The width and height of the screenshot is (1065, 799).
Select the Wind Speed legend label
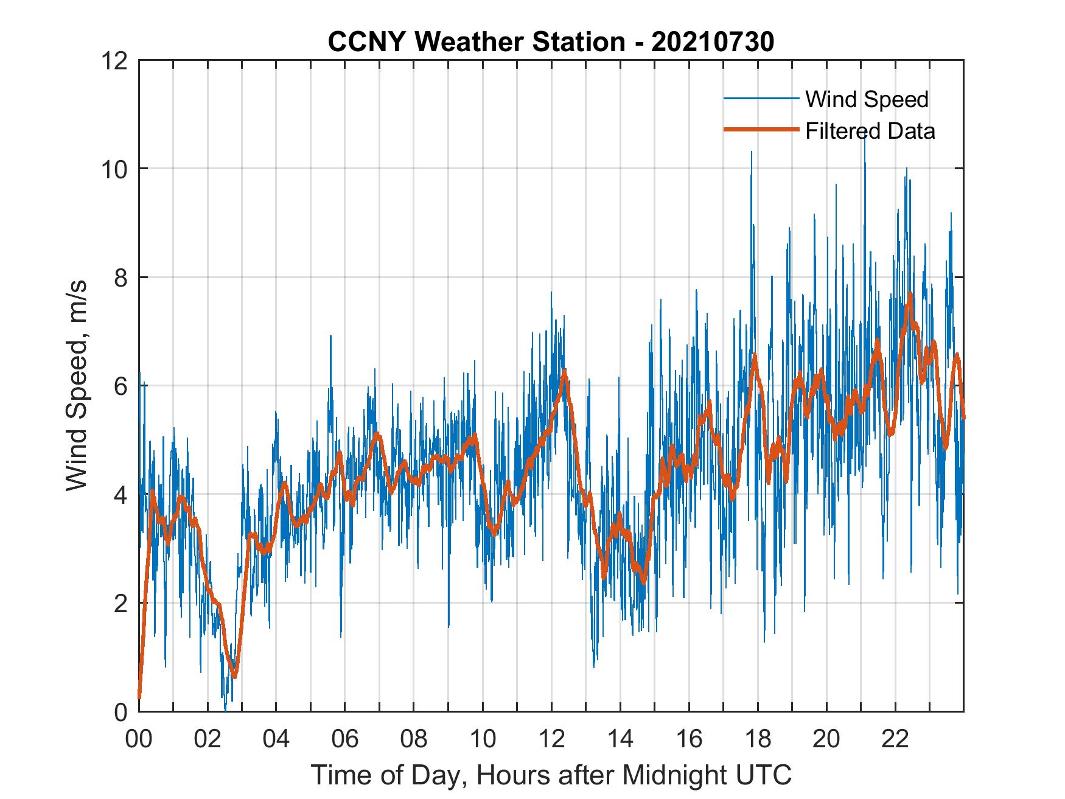[867, 99]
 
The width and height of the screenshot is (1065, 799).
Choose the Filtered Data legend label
[870, 131]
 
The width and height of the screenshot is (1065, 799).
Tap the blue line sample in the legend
[761, 99]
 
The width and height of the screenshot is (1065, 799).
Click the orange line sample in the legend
[761, 130]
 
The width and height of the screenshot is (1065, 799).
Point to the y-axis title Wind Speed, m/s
[77, 385]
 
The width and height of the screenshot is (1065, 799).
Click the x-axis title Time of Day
[551, 775]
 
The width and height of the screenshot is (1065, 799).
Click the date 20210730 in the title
[712, 42]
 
